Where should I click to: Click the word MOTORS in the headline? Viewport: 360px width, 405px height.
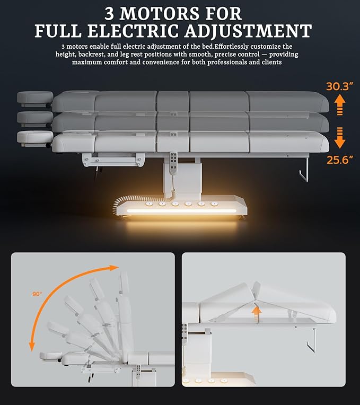coord(159,14)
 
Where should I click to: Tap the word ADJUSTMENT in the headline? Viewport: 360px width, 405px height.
coord(248,31)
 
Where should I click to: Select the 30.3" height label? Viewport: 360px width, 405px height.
coord(339,86)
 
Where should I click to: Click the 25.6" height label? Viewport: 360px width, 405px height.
coord(339,160)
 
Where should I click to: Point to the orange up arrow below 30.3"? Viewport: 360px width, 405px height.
coord(340,105)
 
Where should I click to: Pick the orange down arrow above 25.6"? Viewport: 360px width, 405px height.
coord(340,138)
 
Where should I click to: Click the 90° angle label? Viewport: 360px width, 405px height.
coord(37,294)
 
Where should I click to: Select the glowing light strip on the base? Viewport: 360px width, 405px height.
coord(181,211)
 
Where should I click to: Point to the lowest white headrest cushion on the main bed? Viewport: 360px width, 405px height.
coord(34,137)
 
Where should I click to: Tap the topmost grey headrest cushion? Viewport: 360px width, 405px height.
coord(35,98)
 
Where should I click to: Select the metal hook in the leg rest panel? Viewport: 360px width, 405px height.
coord(311,340)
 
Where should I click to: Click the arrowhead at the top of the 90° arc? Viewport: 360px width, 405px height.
coord(114,268)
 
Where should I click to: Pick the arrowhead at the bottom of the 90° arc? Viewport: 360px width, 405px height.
coord(32,347)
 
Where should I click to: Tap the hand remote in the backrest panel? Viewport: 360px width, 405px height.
coord(139,371)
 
